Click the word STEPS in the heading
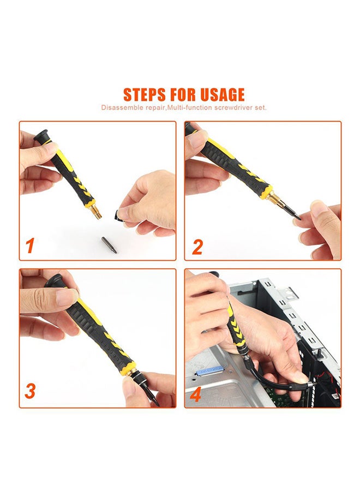tap(145, 94)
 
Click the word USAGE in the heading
tap(223, 94)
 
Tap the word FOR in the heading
tap(183, 94)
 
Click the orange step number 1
tap(30, 245)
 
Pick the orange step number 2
tap(197, 247)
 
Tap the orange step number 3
tap(31, 391)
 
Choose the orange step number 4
tap(195, 395)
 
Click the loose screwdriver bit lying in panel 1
tap(109, 245)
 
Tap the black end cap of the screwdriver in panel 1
tap(41, 135)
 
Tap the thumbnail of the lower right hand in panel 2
tap(319, 207)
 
